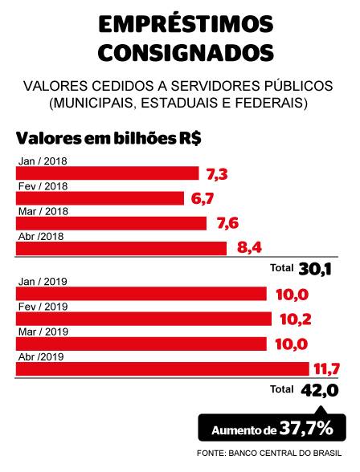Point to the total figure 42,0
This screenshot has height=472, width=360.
(x=320, y=390)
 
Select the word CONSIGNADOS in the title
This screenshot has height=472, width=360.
(x=180, y=53)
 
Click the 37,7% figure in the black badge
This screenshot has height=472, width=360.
(x=305, y=429)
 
